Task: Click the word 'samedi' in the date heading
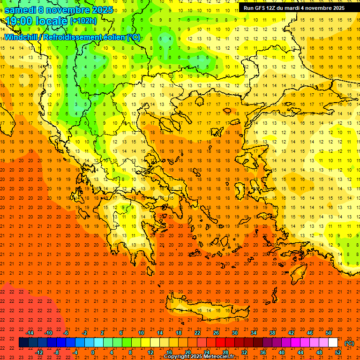(20, 10)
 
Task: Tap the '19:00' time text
(17, 21)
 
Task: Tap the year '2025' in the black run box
(336, 7)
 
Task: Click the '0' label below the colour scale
(93, 352)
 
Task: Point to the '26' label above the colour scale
(216, 333)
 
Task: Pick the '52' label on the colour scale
(338, 352)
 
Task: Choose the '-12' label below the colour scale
(39, 352)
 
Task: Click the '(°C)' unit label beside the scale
(349, 343)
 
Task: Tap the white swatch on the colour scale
(333, 343)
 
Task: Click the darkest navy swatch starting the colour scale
(23, 343)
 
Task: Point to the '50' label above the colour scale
(329, 333)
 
